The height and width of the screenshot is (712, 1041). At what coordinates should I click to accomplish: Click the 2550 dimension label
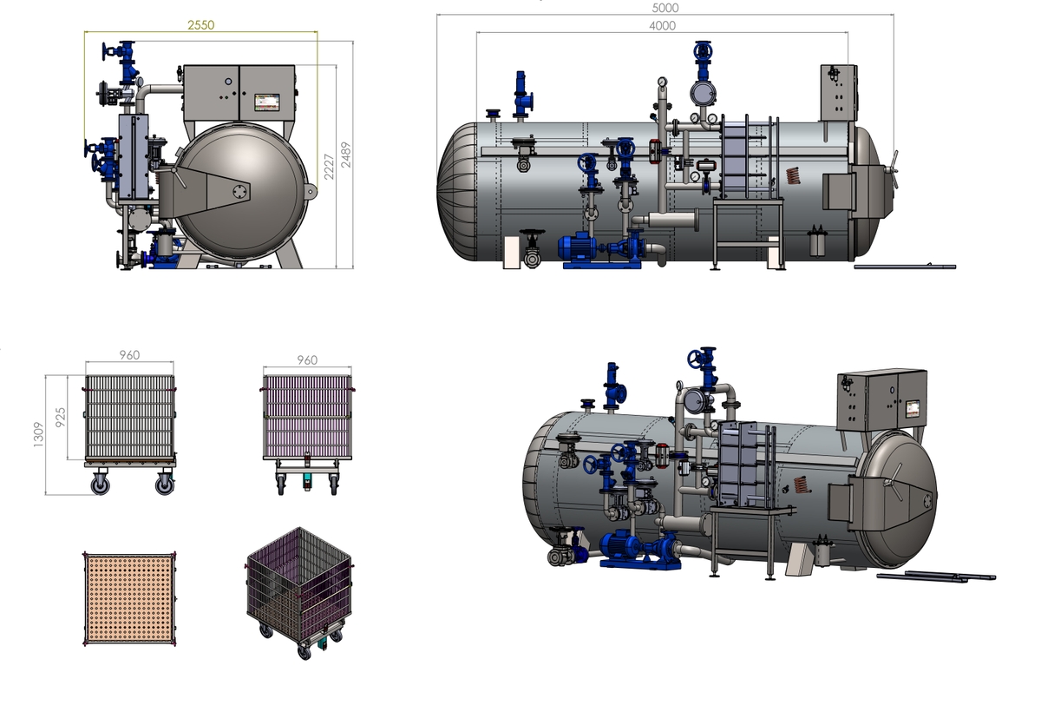pos(200,25)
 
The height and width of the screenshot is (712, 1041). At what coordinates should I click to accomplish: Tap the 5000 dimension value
pos(665,8)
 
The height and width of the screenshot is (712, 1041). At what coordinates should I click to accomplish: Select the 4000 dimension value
pos(662,25)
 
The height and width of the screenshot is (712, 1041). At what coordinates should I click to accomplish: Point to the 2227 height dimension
pos(329,167)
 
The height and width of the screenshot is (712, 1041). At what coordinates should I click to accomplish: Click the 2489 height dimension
pos(346,155)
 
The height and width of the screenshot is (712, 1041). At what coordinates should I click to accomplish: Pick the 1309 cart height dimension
pos(38,435)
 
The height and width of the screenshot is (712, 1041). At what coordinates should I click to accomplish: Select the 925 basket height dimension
pos(61,417)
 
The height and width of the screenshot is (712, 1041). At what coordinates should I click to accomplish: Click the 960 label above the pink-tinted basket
pos(307,360)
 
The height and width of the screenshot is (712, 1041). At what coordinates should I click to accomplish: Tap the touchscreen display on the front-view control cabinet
pos(267,102)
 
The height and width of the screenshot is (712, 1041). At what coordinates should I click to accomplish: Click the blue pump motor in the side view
pos(577,247)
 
